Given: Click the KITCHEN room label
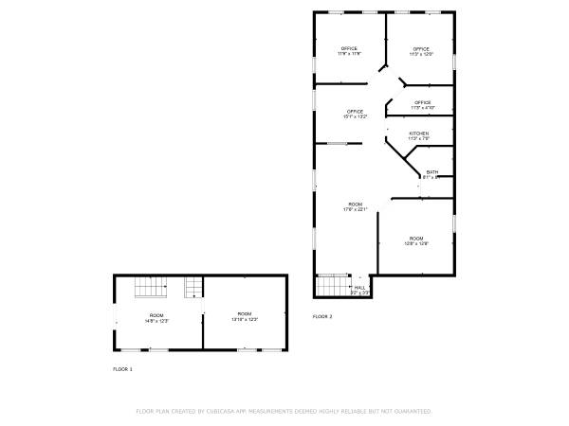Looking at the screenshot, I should point(419,133).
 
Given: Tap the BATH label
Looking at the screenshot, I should point(432,171).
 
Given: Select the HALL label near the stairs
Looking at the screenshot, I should point(359,287).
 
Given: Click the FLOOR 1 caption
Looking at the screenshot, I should point(123,368).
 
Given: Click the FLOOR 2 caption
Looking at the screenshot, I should point(323,316).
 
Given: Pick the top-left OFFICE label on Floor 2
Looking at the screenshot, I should point(349,48).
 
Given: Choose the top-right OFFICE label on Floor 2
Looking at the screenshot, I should point(420,48).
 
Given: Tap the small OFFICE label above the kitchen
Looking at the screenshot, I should point(423,102).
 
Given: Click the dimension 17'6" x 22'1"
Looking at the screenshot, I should point(356,210).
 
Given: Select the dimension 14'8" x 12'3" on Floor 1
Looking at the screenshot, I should point(156,320).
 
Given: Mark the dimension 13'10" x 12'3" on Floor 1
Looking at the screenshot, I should point(245,320).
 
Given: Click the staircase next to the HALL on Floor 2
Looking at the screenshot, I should point(332,285).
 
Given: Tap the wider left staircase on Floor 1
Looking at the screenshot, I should point(150,287).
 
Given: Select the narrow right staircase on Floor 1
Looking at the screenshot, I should point(193,287).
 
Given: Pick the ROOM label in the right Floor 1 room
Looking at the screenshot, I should point(245,313).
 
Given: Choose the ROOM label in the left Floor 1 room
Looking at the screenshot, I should point(156,313).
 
